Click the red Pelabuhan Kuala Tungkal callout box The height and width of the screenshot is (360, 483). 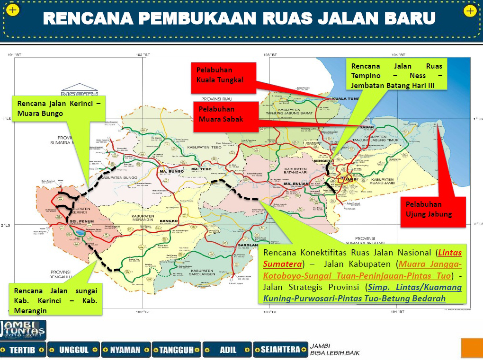pos(223,76)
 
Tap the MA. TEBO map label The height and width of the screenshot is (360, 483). pos(201,169)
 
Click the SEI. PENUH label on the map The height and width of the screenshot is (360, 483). pos(75,221)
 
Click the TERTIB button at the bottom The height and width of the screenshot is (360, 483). pos(23,350)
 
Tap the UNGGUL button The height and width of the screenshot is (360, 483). pos(74,350)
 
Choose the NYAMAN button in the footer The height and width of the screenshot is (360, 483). pos(125,350)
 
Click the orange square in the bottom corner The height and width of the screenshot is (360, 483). pos(472,349)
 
